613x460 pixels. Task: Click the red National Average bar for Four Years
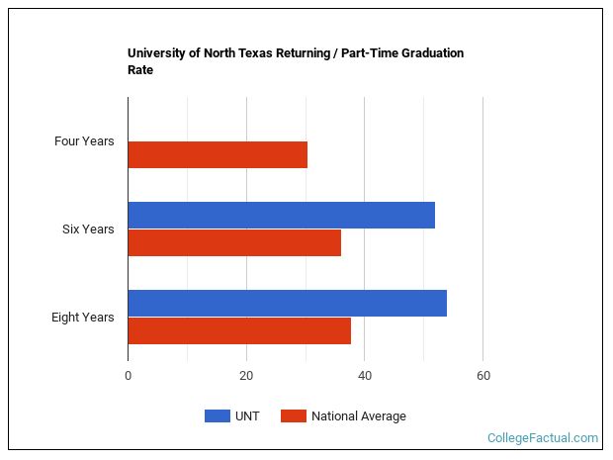point(218,154)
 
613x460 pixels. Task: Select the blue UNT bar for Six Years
point(281,215)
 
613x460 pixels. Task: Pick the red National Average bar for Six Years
point(234,243)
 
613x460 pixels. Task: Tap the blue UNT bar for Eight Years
point(287,303)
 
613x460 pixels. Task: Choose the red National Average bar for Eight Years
point(239,330)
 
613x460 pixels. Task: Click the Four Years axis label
point(84,141)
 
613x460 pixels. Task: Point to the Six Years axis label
point(88,230)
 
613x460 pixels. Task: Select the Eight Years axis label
point(83,318)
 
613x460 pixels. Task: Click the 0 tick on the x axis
point(128,376)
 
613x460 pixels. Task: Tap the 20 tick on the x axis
point(246,376)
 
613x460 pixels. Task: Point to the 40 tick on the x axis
point(365,376)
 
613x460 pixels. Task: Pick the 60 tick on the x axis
point(482,376)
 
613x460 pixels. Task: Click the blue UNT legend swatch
point(217,416)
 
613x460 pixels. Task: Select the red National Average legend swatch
point(294,416)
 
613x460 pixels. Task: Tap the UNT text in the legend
point(247,416)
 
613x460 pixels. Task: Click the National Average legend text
point(358,416)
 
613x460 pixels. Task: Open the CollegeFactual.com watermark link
point(543,437)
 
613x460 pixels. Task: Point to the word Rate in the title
point(140,70)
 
